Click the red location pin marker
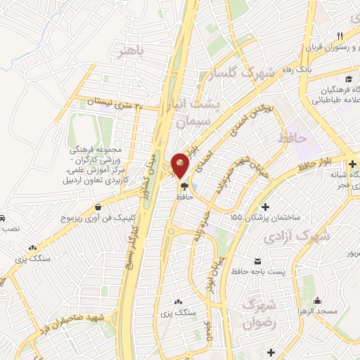tap(180, 165)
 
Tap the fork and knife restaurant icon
tap(340, 36)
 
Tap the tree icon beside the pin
tap(184, 186)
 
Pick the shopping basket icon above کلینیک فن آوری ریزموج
tap(96, 207)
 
